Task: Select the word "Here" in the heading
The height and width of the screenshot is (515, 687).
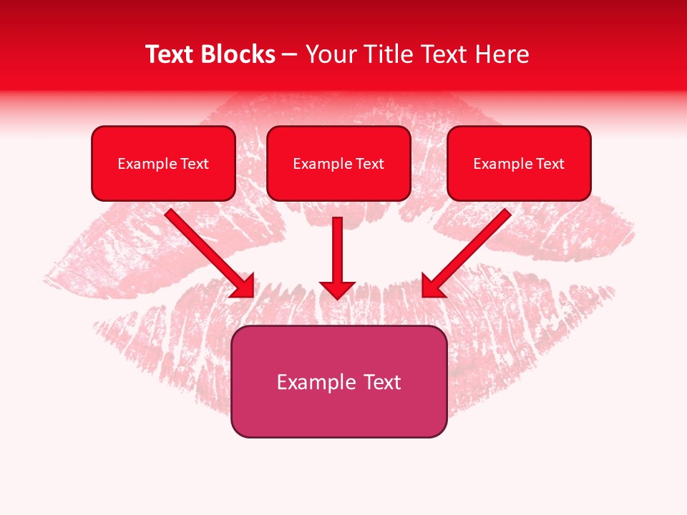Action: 504,54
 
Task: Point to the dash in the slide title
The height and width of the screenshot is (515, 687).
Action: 290,55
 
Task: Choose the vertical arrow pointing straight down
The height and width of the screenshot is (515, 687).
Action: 337,250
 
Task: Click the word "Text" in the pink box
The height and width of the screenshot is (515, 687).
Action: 383,382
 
